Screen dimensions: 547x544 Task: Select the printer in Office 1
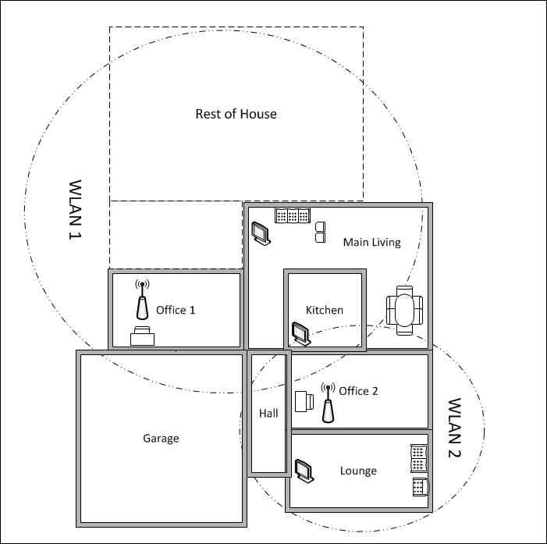[142, 336]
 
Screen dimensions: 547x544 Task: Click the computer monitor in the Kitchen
[300, 333]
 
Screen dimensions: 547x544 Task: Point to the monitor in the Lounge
[304, 471]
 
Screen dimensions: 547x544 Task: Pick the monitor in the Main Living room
[261, 233]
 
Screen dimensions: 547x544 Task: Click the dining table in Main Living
[404, 311]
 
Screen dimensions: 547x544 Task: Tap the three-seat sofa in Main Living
[293, 215]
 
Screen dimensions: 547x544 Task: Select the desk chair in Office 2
[304, 401]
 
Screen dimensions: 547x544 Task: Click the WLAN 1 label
[75, 210]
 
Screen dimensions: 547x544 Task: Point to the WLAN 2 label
[454, 428]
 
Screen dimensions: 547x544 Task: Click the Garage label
[161, 439]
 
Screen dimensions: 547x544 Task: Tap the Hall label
[268, 414]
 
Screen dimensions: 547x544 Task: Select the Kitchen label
[325, 310]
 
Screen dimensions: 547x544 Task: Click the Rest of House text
[236, 114]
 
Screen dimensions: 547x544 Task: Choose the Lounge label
[358, 471]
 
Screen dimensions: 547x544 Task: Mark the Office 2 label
[358, 391]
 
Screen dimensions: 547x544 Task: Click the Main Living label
[372, 242]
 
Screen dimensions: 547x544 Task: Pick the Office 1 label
[176, 310]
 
